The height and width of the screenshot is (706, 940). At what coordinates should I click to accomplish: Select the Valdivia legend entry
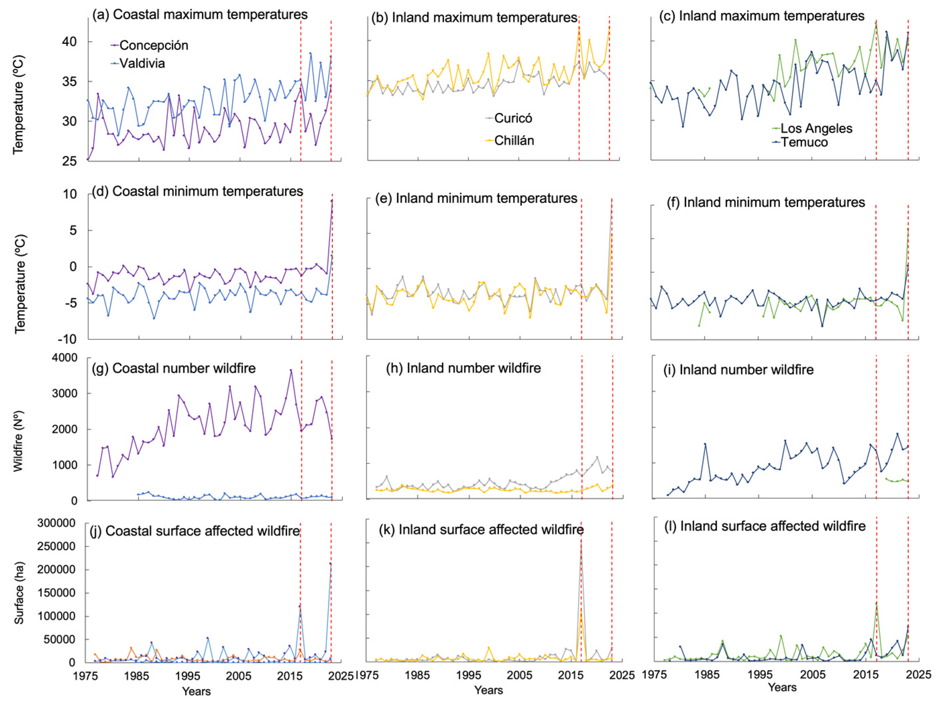point(141,63)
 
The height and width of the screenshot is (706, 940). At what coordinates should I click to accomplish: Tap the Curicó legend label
point(513,118)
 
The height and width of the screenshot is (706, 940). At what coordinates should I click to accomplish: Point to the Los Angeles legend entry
point(816,128)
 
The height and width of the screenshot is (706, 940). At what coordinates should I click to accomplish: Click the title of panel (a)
point(200,14)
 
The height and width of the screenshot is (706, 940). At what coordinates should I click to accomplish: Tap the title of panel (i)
point(738,370)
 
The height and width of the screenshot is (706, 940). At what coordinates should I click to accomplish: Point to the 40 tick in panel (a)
point(69,42)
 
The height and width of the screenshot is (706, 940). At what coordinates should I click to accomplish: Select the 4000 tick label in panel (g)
point(65,358)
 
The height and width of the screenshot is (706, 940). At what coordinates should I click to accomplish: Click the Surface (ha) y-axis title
point(19,593)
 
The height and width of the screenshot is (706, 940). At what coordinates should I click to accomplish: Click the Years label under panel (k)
point(488,691)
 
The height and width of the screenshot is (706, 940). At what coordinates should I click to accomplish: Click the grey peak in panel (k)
point(581,541)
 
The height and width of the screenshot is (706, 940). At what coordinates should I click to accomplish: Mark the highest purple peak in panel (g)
point(291,370)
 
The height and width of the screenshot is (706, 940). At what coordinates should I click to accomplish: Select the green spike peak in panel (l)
point(876,603)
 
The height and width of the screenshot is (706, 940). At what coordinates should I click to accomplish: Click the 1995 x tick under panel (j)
point(188,676)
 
